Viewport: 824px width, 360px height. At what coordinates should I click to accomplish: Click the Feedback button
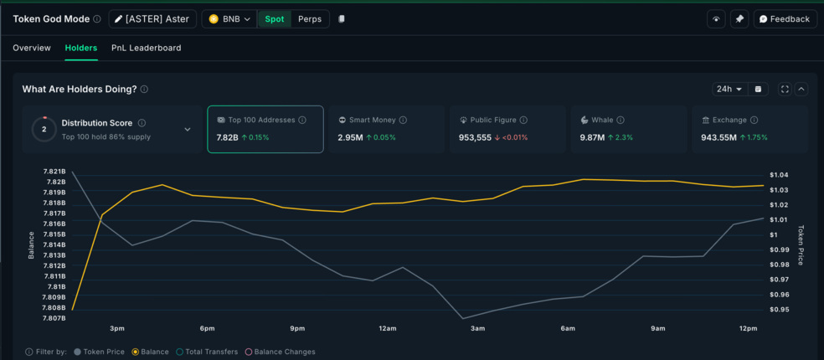tap(785, 19)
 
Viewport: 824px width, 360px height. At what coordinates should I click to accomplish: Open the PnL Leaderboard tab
tap(146, 48)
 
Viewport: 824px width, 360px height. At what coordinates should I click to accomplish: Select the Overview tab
tap(32, 48)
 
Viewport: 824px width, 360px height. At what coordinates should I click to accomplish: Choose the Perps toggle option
tap(309, 19)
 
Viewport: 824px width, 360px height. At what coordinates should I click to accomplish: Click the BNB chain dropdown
tap(229, 19)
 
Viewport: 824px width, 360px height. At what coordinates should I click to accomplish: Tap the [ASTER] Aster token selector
tap(152, 19)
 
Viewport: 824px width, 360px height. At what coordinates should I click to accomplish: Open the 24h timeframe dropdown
tap(729, 89)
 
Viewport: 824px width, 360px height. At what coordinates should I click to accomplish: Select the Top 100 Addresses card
tap(265, 129)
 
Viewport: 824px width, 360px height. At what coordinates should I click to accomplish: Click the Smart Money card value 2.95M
tap(350, 137)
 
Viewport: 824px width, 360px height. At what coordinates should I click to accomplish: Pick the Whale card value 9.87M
tap(592, 137)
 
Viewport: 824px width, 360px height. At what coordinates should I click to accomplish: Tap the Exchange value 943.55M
tap(718, 137)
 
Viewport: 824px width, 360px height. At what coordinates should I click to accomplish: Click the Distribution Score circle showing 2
tap(44, 129)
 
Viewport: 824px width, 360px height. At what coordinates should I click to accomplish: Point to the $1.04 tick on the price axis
tap(778, 175)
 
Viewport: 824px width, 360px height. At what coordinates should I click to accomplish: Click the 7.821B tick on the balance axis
tap(54, 172)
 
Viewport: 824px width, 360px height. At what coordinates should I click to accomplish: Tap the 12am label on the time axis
tap(387, 328)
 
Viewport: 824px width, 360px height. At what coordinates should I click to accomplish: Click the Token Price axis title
tap(801, 245)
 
